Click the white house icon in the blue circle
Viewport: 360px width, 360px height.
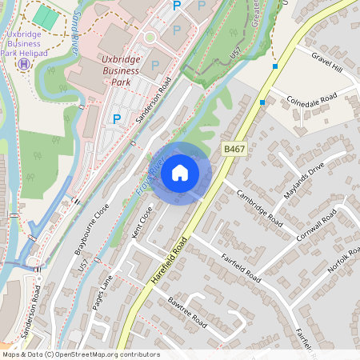(x=180, y=172)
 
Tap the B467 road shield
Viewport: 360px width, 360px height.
(x=234, y=150)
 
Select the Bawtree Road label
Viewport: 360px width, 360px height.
(x=188, y=314)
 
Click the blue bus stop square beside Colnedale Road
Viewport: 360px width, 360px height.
(x=262, y=102)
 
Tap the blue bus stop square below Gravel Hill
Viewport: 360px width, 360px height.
(x=275, y=66)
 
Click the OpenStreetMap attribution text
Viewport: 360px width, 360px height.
(x=80, y=354)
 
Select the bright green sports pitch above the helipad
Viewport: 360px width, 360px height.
(x=45, y=17)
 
